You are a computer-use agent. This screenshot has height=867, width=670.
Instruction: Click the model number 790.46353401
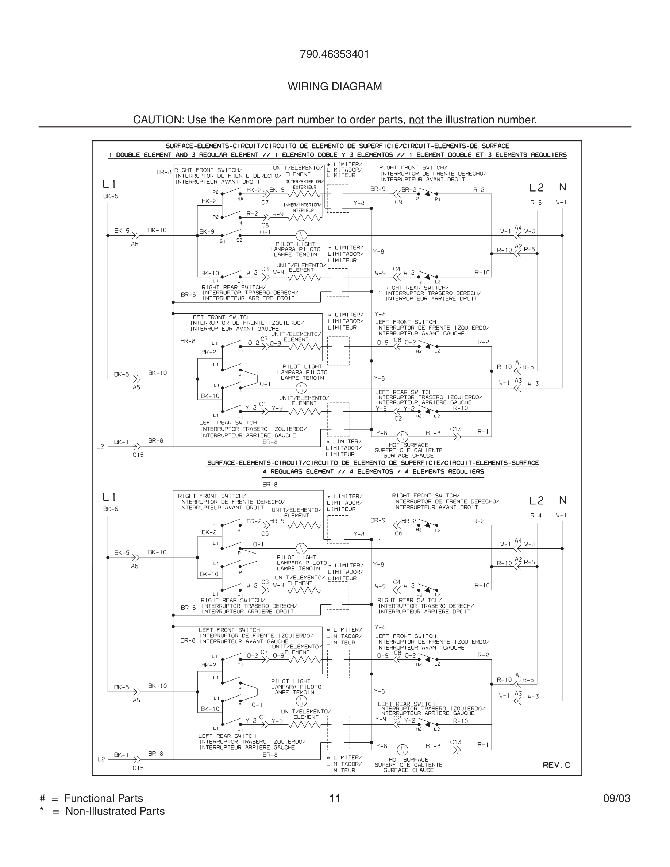[x=335, y=54]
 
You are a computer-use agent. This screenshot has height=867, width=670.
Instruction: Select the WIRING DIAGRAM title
[x=335, y=86]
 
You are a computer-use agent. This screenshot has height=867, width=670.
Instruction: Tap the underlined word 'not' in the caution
[x=416, y=120]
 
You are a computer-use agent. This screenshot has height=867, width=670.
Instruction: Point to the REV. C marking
[x=556, y=765]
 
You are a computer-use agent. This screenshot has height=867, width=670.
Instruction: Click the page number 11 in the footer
[x=335, y=798]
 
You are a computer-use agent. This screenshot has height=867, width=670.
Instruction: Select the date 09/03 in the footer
[x=616, y=798]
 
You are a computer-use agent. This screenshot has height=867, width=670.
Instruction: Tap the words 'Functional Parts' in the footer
[x=103, y=798]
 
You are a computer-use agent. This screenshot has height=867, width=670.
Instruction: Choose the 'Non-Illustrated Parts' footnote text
[x=115, y=811]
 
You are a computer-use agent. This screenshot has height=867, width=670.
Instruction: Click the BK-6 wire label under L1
[x=111, y=509]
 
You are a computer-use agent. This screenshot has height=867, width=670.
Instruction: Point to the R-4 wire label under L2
[x=536, y=516]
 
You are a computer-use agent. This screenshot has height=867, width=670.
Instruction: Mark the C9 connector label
[x=398, y=202]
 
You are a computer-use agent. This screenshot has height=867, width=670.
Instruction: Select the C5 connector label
[x=265, y=534]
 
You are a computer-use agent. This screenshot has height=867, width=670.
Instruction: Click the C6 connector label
[x=398, y=533]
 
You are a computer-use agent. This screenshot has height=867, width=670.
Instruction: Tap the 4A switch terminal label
[x=240, y=199]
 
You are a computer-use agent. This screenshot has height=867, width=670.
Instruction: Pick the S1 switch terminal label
[x=222, y=241]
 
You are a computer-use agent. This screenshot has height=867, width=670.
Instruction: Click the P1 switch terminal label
[x=437, y=199]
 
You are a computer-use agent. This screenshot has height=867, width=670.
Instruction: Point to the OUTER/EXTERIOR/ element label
[x=304, y=182]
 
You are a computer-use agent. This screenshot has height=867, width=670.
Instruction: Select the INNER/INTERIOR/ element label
[x=303, y=205]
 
